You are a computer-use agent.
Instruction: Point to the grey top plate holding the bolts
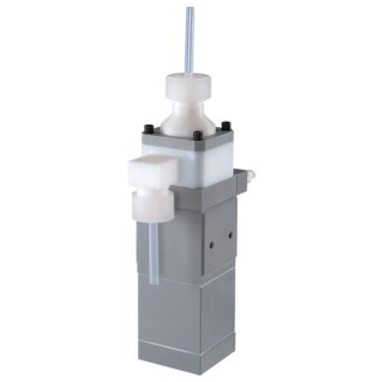pyautogui.click(x=187, y=137)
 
